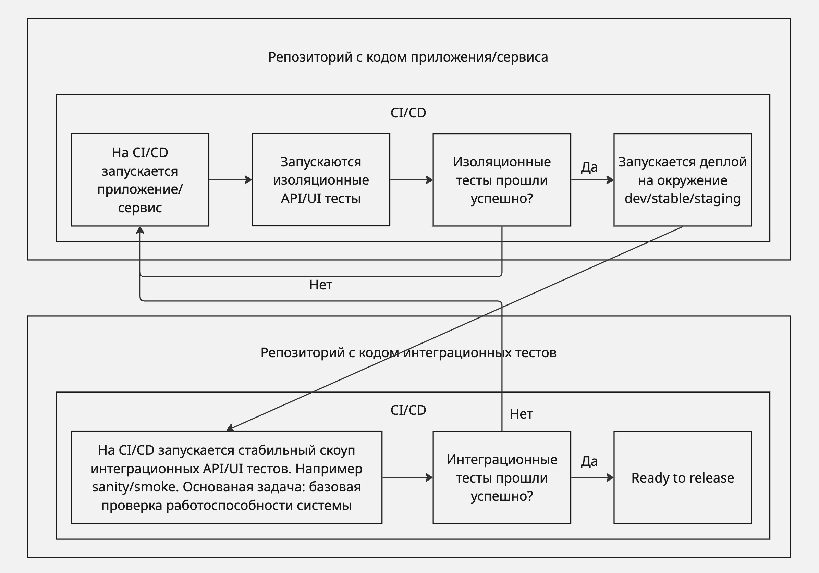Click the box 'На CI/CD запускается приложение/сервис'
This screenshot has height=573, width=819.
pyautogui.click(x=140, y=180)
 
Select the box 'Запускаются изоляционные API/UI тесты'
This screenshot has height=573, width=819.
pyautogui.click(x=321, y=180)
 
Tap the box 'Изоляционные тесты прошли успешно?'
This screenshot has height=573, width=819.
pyautogui.click(x=502, y=180)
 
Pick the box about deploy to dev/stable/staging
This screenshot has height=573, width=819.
pyautogui.click(x=682, y=180)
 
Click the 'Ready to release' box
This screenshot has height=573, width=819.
pyautogui.click(x=682, y=477)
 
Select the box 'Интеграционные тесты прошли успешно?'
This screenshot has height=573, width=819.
pyautogui.click(x=502, y=477)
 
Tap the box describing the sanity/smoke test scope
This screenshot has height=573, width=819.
pyautogui.click(x=227, y=477)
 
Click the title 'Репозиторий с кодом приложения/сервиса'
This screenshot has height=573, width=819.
pyautogui.click(x=408, y=57)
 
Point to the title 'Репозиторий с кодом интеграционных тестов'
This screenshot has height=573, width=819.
pyautogui.click(x=408, y=353)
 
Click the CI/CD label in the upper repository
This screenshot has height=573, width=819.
pyautogui.click(x=408, y=113)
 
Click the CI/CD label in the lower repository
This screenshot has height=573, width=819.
pyautogui.click(x=408, y=410)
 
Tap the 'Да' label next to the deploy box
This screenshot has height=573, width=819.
pyautogui.click(x=589, y=166)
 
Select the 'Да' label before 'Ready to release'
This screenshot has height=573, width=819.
pyautogui.click(x=589, y=461)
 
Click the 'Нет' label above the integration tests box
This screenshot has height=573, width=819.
pyautogui.click(x=521, y=414)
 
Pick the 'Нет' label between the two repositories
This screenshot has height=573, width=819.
pyautogui.click(x=321, y=285)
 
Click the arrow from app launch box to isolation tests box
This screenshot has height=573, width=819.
pyautogui.click(x=230, y=180)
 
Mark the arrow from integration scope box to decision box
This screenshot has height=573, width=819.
pyautogui.click(x=407, y=477)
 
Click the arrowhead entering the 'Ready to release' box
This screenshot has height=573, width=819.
pyautogui.click(x=610, y=477)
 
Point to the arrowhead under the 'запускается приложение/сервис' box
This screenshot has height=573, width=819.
pyautogui.click(x=140, y=230)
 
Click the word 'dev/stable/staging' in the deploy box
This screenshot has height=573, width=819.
pyautogui.click(x=682, y=199)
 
